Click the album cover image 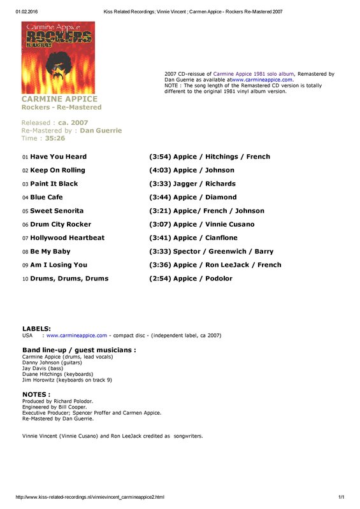click(x=58, y=58)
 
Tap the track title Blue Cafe click(x=48, y=197)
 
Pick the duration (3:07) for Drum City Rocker click(x=160, y=224)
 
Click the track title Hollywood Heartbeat click(x=67, y=238)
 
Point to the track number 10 click(x=25, y=278)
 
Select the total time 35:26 click(x=55, y=138)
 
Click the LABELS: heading click(x=36, y=329)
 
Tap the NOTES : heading click(x=36, y=394)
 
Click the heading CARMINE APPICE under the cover click(x=59, y=99)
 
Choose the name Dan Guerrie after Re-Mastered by click(x=101, y=131)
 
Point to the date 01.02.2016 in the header click(x=25, y=11)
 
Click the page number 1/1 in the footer click(x=341, y=497)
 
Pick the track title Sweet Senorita click(x=57, y=211)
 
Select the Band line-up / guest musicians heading click(x=79, y=350)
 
